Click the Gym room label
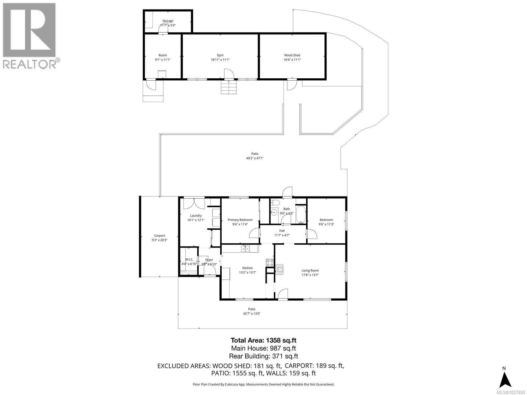click(220, 55)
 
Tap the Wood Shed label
click(292, 55)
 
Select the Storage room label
click(168, 21)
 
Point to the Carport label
click(159, 236)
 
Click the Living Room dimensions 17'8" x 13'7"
click(310, 275)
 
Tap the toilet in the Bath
click(276, 202)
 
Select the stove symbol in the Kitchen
click(270, 263)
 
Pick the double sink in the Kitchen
click(245, 249)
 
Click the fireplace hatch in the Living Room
click(279, 270)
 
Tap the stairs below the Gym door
click(229, 88)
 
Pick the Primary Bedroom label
click(240, 220)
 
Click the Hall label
click(282, 231)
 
